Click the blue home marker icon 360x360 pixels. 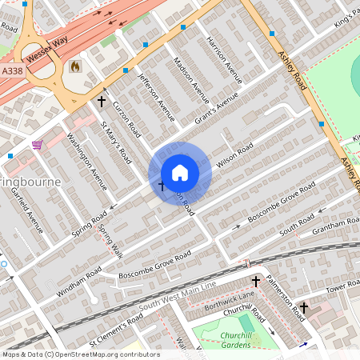point(180,173)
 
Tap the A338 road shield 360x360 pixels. point(12,70)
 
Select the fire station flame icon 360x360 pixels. point(75,66)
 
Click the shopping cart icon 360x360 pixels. point(37,145)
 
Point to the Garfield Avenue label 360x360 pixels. point(30,213)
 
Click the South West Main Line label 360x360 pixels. point(177,297)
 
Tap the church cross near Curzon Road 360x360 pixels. point(101,102)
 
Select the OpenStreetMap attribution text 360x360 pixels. point(80,354)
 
